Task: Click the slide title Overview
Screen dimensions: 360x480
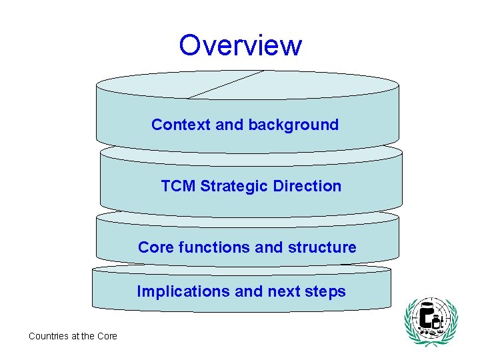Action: point(240,45)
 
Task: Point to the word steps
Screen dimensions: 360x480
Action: point(326,291)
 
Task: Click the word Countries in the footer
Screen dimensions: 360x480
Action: point(48,336)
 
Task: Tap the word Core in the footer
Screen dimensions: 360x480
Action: point(107,336)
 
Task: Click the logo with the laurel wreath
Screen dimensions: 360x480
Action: point(431,322)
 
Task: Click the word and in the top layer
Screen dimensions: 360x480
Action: point(230,125)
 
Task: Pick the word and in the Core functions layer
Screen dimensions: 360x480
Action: point(269,247)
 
